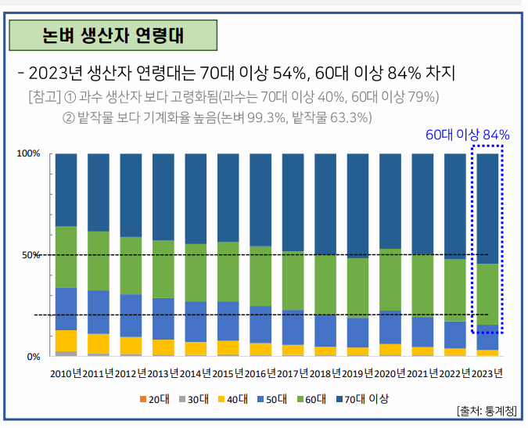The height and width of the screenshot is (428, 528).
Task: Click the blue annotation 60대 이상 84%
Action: coord(467,135)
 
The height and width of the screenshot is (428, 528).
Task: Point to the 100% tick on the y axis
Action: coord(28,153)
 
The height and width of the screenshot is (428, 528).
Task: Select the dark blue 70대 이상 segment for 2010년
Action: coord(66,189)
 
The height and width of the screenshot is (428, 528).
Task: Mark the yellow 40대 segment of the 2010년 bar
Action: coord(66,341)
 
